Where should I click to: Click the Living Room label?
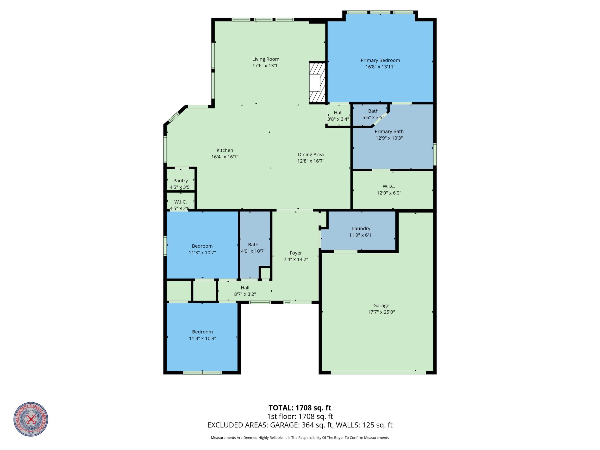click(266, 59)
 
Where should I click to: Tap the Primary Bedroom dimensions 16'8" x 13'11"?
click(380, 67)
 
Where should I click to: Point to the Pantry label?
click(181, 181)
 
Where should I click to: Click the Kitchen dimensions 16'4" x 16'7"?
click(225, 157)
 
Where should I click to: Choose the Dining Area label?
click(311, 155)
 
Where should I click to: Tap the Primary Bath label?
click(389, 131)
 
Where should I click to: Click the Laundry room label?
click(361, 229)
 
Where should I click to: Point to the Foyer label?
click(296, 253)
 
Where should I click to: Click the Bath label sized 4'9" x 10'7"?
click(253, 245)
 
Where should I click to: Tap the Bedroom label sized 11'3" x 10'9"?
click(202, 332)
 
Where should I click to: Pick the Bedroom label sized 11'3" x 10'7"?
click(202, 246)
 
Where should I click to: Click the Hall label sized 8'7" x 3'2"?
click(245, 288)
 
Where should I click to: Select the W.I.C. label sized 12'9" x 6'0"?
click(389, 186)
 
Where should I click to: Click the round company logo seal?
click(31, 419)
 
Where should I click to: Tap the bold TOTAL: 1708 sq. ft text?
click(300, 408)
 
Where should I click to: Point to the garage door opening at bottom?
click(378, 373)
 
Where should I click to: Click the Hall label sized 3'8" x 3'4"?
click(338, 113)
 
